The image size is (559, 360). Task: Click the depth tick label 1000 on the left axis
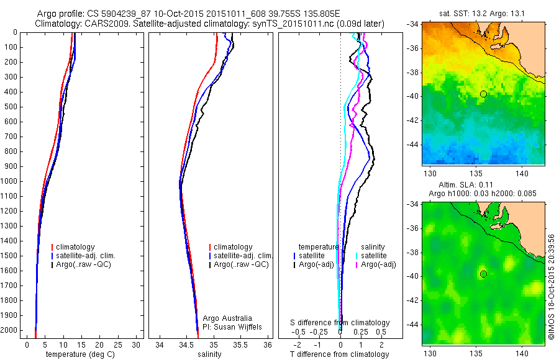click(x=10, y=181)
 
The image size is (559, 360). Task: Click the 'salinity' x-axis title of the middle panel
click(x=208, y=354)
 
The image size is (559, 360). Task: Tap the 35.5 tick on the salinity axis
click(x=240, y=344)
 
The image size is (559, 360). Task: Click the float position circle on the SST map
click(x=483, y=94)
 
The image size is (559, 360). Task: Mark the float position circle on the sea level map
click(x=483, y=274)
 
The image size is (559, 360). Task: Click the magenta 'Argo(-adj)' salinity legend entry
click(x=378, y=265)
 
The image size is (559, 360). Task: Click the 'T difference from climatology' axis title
click(x=340, y=354)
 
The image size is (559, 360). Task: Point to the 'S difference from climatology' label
click(x=340, y=323)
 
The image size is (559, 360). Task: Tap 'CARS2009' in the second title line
click(x=101, y=24)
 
